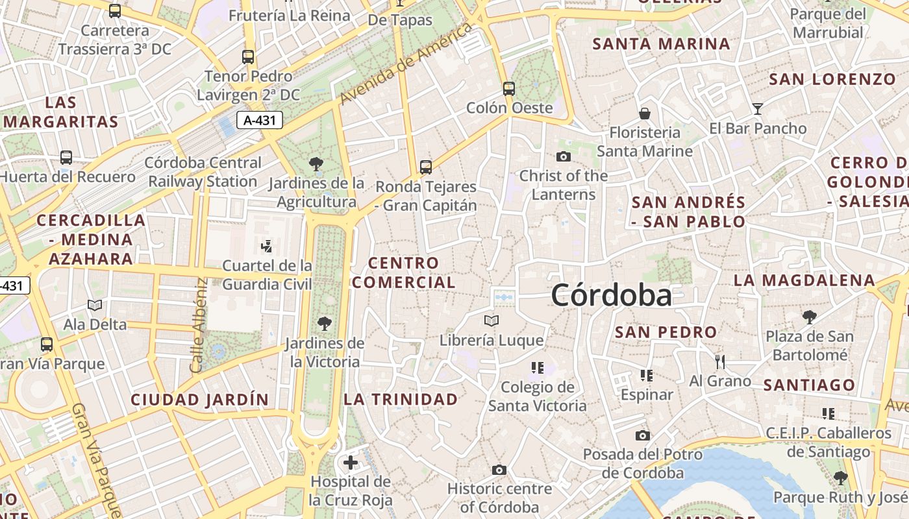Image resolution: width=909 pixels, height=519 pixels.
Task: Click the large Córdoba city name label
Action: [x=611, y=296]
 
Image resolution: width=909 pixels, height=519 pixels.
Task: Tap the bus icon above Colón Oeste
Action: [x=509, y=89]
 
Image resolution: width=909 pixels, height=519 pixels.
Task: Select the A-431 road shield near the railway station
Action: [x=259, y=120]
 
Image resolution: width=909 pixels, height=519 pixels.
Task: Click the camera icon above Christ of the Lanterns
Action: [x=563, y=156]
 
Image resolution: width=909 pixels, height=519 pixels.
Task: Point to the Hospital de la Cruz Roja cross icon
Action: [x=351, y=463]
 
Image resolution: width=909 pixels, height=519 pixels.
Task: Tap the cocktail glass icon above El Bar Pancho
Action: [x=757, y=108]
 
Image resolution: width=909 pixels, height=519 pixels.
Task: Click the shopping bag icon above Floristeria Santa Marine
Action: [x=645, y=114]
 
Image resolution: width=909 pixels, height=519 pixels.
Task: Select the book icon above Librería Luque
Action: [x=492, y=320]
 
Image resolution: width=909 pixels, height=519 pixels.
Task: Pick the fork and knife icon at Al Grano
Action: [x=719, y=361]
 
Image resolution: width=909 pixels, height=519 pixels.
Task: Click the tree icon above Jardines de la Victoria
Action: [x=324, y=323]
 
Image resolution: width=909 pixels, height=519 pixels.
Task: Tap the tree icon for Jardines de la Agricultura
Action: [x=316, y=164]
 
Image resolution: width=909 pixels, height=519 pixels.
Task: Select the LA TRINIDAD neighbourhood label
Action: [x=401, y=400]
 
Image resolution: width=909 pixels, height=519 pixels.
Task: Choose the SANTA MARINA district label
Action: [x=662, y=44]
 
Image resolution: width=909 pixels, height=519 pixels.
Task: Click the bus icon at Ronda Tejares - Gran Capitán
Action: [x=426, y=167]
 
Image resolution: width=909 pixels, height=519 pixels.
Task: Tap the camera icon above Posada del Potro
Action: [x=642, y=435]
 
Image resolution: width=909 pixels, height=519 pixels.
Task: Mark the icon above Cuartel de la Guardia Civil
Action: [x=266, y=246]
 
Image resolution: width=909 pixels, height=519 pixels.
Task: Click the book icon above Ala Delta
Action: [x=95, y=305]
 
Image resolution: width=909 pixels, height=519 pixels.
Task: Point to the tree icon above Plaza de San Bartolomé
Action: [x=809, y=317]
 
